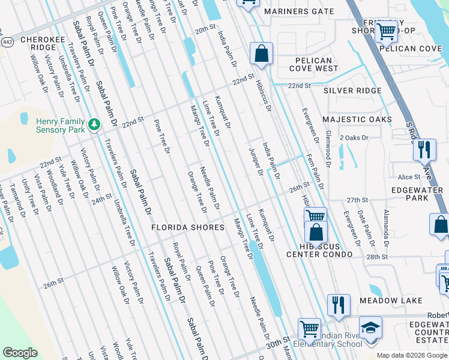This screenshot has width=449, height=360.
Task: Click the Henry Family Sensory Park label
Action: point(59,125)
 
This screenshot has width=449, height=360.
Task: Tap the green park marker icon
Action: point(94,124)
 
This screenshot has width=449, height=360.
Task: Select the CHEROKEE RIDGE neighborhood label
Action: point(38,43)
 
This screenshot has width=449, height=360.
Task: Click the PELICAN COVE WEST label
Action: point(313,64)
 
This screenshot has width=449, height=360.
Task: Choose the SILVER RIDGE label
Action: point(352,91)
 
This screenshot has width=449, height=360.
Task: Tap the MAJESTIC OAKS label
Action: point(357,119)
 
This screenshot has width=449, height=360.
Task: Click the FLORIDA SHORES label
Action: point(187,227)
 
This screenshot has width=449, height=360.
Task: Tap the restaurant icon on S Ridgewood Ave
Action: point(424,150)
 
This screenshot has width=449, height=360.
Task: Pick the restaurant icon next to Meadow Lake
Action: point(339,305)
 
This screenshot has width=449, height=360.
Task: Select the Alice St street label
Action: point(409,177)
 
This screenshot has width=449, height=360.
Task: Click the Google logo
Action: point(20,353)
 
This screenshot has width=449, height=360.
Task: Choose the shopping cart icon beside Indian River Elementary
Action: point(309,329)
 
